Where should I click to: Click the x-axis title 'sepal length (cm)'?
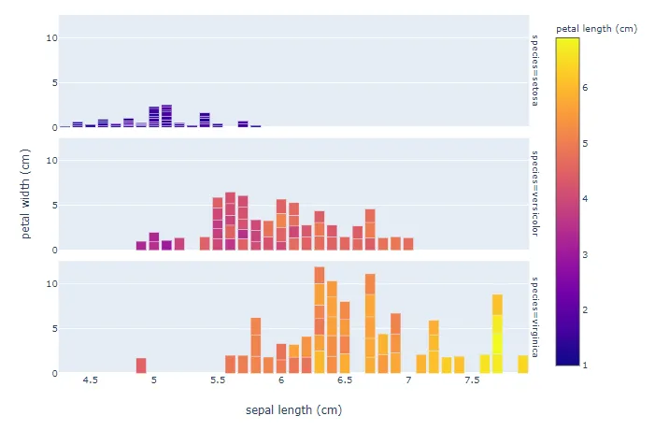[x=293, y=410]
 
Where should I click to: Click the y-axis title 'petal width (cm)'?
[x=26, y=193]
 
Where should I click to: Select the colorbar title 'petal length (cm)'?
[x=596, y=29]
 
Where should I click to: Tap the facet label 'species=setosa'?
[x=535, y=70]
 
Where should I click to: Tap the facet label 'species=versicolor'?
[x=535, y=193]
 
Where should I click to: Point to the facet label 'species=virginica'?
[x=535, y=317]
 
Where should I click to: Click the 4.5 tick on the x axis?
[x=91, y=380]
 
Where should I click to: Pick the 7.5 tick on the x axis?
[x=472, y=380]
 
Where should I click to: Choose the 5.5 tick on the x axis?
[x=218, y=380]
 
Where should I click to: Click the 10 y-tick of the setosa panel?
[x=51, y=37]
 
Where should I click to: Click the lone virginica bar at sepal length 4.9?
[x=141, y=365]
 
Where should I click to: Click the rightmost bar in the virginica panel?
[x=522, y=364]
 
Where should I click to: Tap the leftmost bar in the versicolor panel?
[x=141, y=245]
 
